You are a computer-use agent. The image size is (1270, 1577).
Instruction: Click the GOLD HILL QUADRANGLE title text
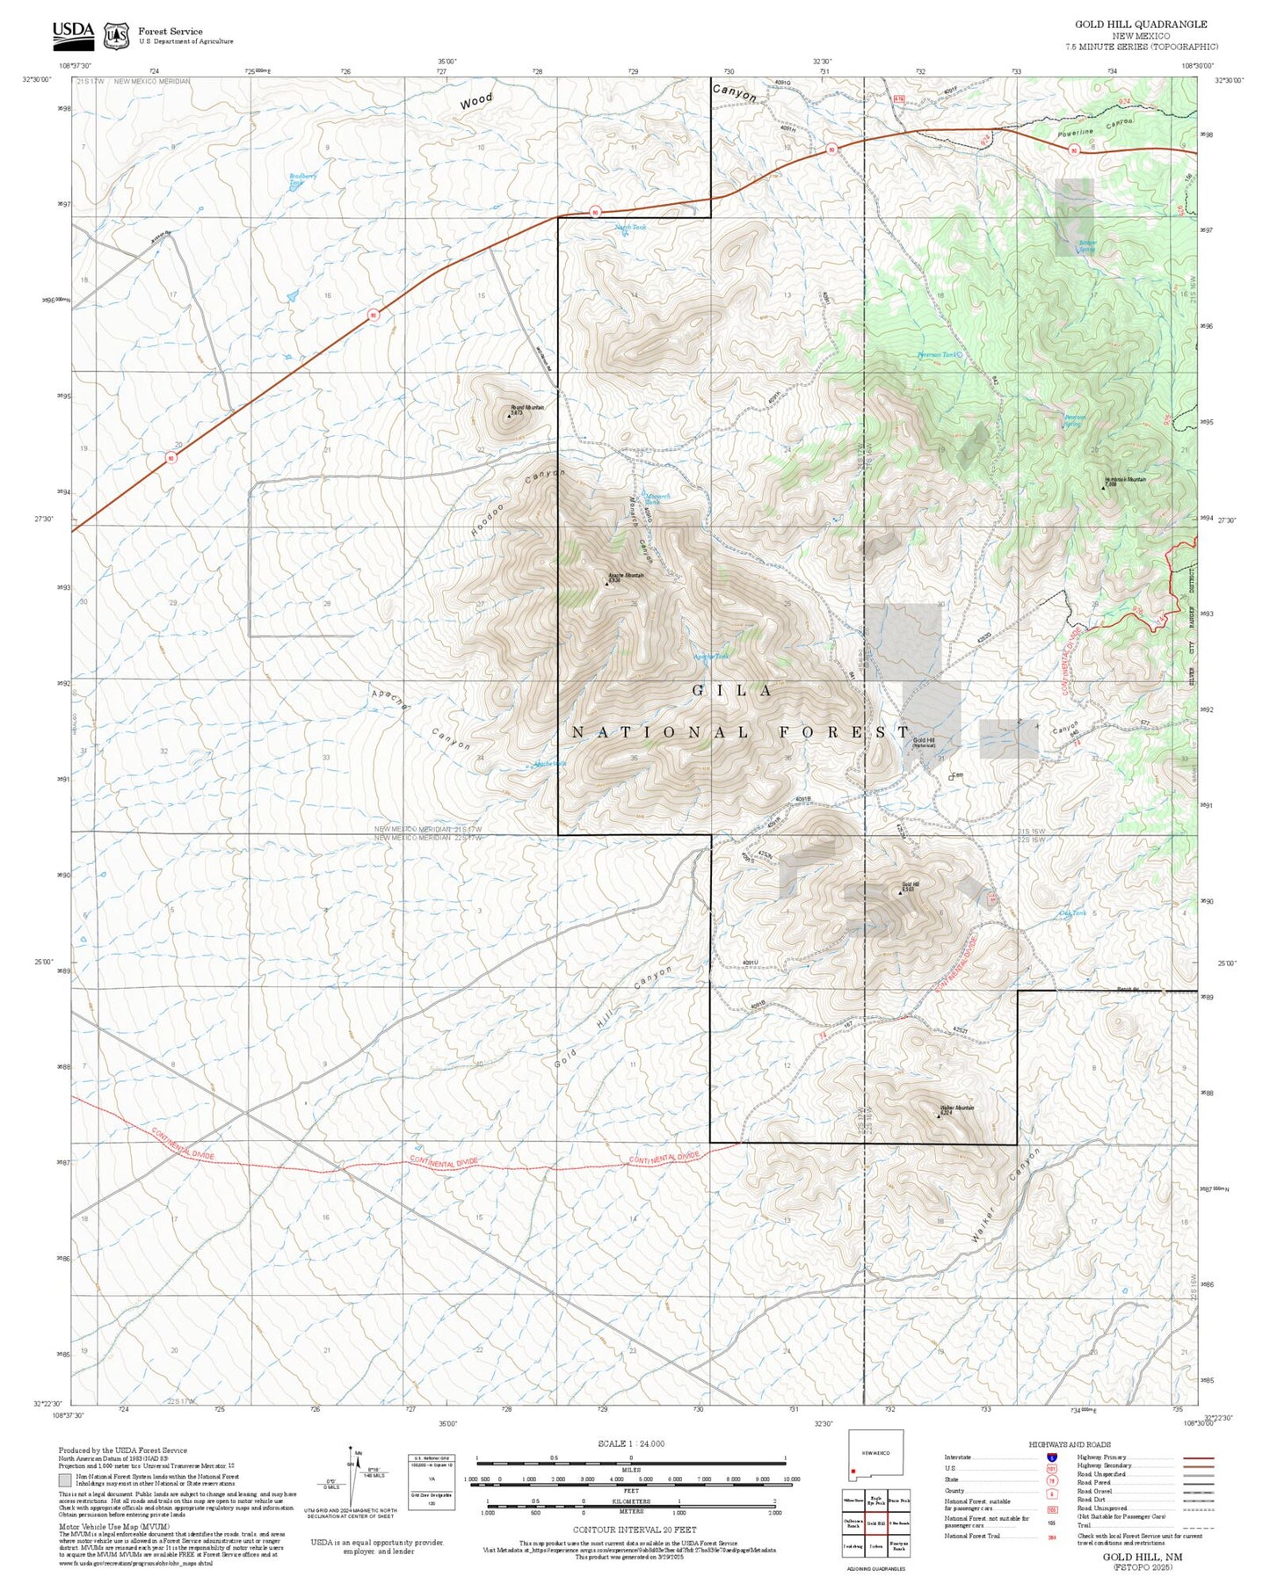(1141, 24)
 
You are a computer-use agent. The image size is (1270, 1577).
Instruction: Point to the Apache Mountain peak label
(627, 577)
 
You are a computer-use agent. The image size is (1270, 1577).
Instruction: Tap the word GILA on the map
(732, 691)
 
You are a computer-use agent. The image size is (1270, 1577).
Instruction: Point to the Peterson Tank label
(937, 355)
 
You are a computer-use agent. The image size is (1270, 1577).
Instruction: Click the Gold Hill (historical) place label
(924, 742)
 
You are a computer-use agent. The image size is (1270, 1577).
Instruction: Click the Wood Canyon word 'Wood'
(476, 101)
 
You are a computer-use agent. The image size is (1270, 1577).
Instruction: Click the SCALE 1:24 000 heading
(630, 1443)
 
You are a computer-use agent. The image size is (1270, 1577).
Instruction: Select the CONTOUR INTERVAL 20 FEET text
(634, 1530)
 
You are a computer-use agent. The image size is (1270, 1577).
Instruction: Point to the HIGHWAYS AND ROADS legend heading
(1069, 1444)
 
